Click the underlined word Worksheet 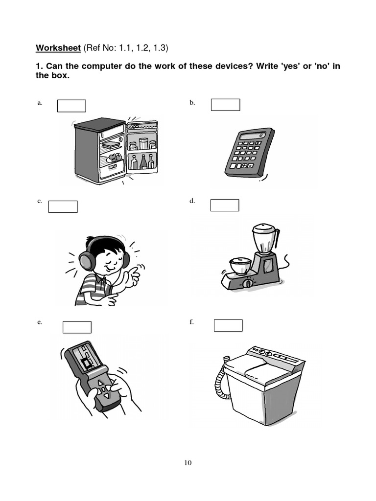pos(58,48)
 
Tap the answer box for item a pos(71,106)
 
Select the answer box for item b pos(225,105)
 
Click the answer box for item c pos(63,207)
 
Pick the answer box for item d pos(225,205)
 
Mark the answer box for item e pos(77,327)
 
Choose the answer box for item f pos(228,325)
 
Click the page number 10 pos(188,463)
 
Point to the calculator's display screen pos(253,136)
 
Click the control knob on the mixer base pos(247,283)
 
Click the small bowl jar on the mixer pos(241,265)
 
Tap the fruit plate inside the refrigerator pos(114,158)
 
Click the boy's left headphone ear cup pos(87,260)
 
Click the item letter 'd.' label pos(192,201)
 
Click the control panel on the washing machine pos(275,355)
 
